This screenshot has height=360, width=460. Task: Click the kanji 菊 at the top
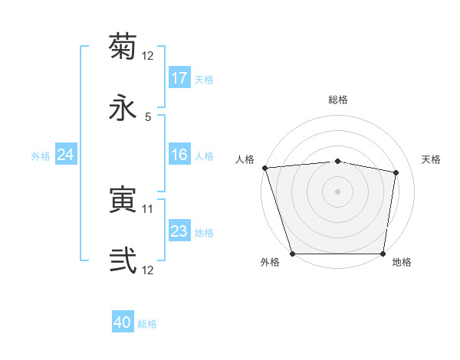coord(123,47)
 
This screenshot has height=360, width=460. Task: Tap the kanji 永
coord(123,106)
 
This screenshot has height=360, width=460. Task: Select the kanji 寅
coord(123,201)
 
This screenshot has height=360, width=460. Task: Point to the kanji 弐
coord(123,260)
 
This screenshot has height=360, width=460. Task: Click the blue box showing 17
coord(179,78)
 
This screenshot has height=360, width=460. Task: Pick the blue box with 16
coord(179,155)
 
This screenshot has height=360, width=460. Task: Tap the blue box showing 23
coord(179,231)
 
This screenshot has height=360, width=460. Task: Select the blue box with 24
coord(66,155)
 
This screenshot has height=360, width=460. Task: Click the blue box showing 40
coord(123,323)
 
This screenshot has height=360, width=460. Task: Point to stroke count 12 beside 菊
coord(148,56)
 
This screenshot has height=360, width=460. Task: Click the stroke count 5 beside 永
coord(148,116)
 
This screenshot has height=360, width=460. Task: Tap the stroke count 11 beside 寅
coord(148,208)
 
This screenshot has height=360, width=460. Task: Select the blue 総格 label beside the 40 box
coord(147,324)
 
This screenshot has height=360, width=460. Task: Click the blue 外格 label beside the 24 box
coord(41,155)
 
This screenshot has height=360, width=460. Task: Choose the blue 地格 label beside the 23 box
coord(204,232)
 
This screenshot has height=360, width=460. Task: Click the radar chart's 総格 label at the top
coord(337,100)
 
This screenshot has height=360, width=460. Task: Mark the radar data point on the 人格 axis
coord(264,168)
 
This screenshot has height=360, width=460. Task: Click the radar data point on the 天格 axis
coord(396,172)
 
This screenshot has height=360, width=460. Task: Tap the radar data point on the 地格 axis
coord(383,254)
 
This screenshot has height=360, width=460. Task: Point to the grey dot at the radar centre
coord(337,191)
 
